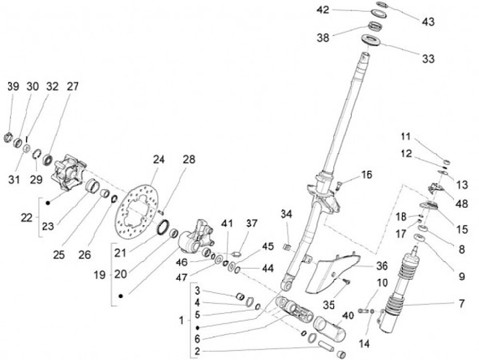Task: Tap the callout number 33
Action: [x=428, y=59]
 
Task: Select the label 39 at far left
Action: [x=13, y=87]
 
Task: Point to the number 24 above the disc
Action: [x=158, y=160]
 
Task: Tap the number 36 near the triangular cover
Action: [x=381, y=265]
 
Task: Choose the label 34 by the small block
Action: [x=286, y=214]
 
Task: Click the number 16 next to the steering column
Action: [x=367, y=175]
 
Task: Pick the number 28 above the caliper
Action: [x=190, y=160]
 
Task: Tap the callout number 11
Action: [x=405, y=136]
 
